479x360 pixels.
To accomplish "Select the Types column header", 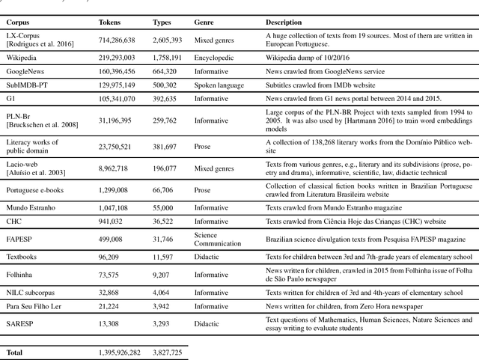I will (x=162, y=22).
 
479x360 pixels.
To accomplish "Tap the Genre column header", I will (x=204, y=22).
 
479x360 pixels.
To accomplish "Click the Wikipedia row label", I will (x=22, y=58).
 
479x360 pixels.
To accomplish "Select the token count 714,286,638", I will (x=123, y=37).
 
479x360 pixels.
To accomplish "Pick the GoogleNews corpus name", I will (x=25, y=72).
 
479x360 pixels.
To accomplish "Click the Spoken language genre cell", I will (x=219, y=85).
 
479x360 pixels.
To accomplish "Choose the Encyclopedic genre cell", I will (x=215, y=58).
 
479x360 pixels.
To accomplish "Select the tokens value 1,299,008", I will (x=116, y=191).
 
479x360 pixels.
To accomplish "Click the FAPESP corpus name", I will (x=19, y=240).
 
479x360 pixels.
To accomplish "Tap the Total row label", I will (x=15, y=351).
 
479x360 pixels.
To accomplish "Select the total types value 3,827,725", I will (x=170, y=351).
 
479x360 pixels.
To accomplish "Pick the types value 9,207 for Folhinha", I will (x=162, y=275).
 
